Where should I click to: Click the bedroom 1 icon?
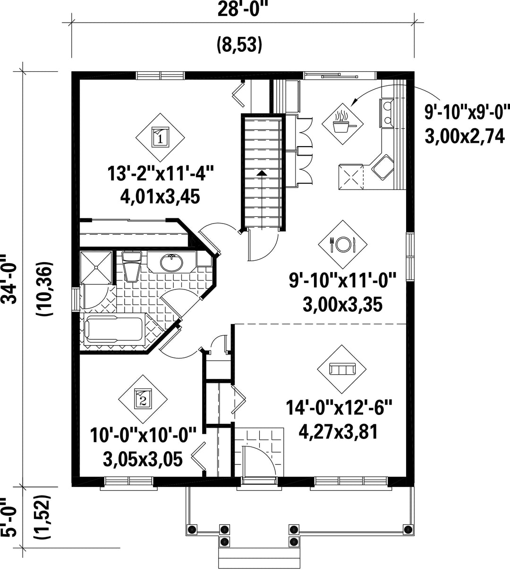click(x=160, y=137)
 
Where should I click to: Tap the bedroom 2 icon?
click(x=143, y=399)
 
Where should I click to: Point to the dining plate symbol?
click(x=343, y=244)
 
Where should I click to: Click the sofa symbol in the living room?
click(x=342, y=369)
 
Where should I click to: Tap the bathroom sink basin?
click(x=171, y=263)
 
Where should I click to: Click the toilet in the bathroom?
click(x=132, y=266)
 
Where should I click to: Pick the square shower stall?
click(x=96, y=267)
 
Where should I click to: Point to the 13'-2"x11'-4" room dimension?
click(x=161, y=173)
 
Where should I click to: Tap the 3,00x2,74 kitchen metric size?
click(x=464, y=137)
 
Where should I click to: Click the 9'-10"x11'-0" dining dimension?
click(x=343, y=280)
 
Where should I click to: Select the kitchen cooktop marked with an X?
click(x=351, y=177)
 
